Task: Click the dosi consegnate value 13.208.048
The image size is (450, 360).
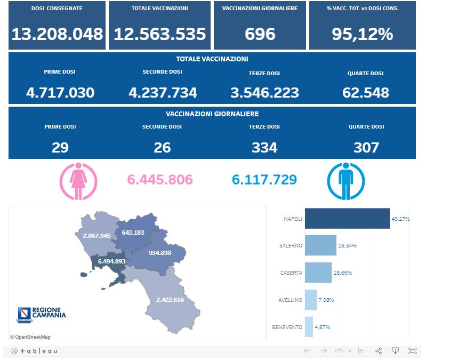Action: (x=57, y=34)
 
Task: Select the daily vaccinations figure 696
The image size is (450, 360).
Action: (x=260, y=34)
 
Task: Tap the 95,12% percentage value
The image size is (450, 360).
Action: (x=362, y=34)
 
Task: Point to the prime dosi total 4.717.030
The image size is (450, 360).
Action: (x=60, y=93)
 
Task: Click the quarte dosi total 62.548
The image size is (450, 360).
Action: (x=366, y=93)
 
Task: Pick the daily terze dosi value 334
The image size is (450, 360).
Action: (x=264, y=147)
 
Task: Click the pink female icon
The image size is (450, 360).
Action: (x=78, y=181)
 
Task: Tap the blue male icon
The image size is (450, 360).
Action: (x=345, y=181)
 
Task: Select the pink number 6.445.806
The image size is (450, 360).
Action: (x=160, y=180)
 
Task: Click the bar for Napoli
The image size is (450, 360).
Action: (x=347, y=219)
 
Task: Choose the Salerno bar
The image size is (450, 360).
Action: (x=320, y=246)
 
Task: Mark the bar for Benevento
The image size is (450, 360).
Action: (x=309, y=327)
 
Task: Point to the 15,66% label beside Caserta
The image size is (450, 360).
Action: (x=342, y=273)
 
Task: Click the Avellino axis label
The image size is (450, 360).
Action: (x=290, y=300)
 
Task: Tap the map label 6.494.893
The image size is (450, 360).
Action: (x=111, y=261)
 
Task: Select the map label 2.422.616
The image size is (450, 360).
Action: (x=170, y=300)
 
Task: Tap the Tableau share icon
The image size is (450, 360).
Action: (x=379, y=351)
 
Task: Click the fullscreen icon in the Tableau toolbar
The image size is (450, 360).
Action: (x=412, y=351)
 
